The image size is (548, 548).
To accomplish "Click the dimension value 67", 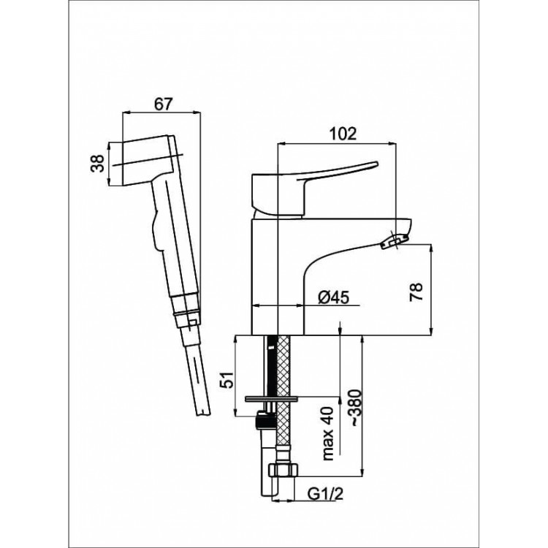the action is [x=163, y=104].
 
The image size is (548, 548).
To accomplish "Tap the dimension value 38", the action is [x=98, y=163].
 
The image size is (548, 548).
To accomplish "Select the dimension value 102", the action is [x=343, y=134].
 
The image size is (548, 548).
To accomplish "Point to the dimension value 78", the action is [x=416, y=292].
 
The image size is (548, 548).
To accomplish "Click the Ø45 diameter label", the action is [x=333, y=297].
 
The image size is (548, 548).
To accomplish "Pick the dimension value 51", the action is [x=228, y=379].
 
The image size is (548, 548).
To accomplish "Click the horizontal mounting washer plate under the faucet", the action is [x=272, y=398].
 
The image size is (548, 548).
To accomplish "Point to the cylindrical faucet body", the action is [x=278, y=277].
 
